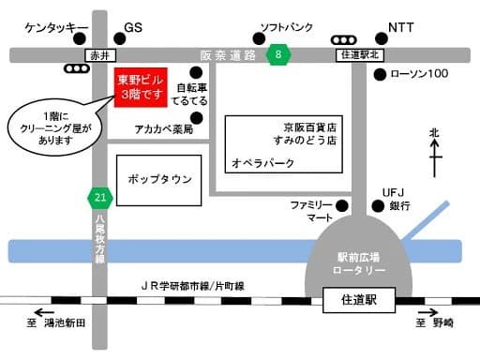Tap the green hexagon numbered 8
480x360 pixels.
(x=277, y=56)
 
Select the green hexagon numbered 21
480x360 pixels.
(x=100, y=197)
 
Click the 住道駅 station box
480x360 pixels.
(x=357, y=301)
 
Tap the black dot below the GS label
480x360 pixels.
(x=116, y=39)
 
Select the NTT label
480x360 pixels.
(x=401, y=27)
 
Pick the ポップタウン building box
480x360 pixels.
(x=160, y=178)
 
